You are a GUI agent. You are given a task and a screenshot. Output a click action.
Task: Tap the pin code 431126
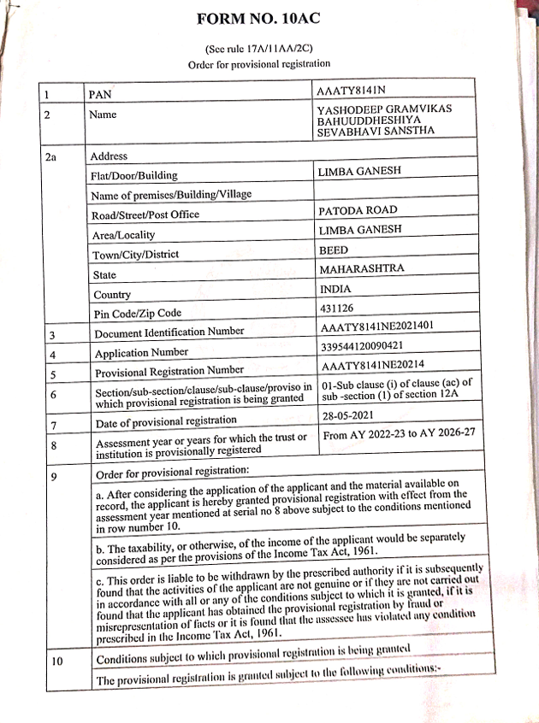pyautogui.click(x=335, y=309)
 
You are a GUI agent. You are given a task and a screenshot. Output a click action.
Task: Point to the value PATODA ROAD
pyautogui.click(x=358, y=209)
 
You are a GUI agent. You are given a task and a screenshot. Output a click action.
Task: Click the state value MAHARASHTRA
pyautogui.click(x=361, y=268)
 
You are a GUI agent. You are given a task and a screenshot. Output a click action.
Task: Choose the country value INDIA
pyautogui.click(x=335, y=289)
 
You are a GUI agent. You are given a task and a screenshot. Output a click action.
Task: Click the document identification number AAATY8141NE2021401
pyautogui.click(x=376, y=328)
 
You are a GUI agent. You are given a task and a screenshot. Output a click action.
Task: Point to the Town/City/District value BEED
pyautogui.click(x=334, y=250)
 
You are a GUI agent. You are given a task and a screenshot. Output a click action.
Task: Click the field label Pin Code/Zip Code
pyautogui.click(x=137, y=314)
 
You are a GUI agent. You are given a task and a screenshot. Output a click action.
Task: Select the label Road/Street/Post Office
pyautogui.click(x=145, y=215)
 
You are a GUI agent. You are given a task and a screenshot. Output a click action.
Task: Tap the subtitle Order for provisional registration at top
pyautogui.click(x=258, y=64)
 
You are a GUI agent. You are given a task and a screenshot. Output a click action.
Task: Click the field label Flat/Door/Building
pyautogui.click(x=133, y=176)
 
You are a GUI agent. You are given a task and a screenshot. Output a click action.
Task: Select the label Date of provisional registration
pyautogui.click(x=166, y=420)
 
